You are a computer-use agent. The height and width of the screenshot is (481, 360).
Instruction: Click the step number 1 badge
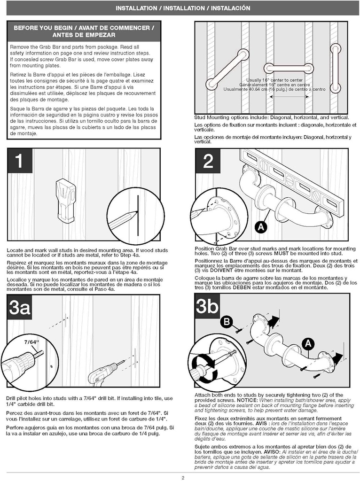click(19, 161)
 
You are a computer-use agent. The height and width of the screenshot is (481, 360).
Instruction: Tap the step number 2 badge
click(208, 161)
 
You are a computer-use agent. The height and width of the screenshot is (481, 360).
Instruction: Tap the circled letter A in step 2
click(259, 228)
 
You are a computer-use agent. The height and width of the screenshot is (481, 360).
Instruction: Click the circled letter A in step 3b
click(308, 344)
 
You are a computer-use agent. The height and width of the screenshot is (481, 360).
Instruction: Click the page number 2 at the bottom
click(182, 478)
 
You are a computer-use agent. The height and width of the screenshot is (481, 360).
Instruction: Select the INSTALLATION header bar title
click(180, 8)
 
